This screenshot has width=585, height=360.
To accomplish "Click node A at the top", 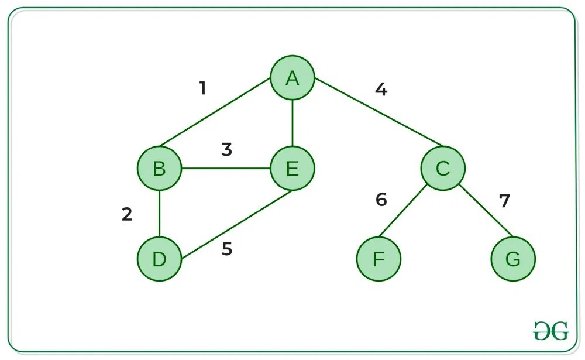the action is [x=292, y=79].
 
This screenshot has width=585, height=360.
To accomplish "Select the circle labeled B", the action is [x=159, y=169].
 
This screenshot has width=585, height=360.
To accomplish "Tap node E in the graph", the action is [x=292, y=169].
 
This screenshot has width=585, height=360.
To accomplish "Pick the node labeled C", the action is [x=443, y=169].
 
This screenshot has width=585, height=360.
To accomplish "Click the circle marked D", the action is [x=159, y=259].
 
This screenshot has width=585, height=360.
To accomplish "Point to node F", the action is [x=379, y=259].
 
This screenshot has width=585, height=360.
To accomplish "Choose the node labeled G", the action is [x=513, y=259].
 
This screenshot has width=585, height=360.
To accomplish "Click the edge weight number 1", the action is [x=202, y=88].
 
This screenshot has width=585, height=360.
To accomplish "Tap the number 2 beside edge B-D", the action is [x=127, y=215].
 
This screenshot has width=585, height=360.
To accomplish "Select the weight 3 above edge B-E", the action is [x=227, y=150].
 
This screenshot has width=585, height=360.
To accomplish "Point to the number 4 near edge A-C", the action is [x=381, y=90].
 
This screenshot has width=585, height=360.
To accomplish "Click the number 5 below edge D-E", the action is [x=227, y=249].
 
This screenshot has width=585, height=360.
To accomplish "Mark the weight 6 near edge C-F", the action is [x=381, y=200].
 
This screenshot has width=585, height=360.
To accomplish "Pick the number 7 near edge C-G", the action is [x=504, y=201].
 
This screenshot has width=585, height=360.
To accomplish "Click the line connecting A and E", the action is [x=292, y=124].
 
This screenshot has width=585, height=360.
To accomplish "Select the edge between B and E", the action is [x=226, y=169].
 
